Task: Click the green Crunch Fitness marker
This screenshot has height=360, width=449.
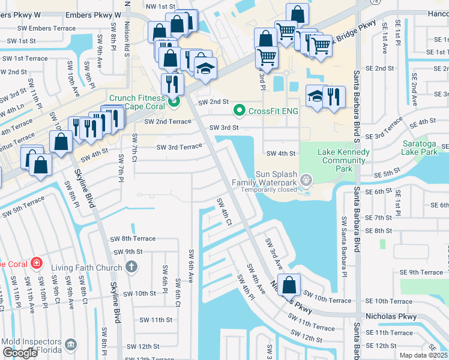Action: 174,101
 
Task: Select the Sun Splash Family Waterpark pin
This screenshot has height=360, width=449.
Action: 306,179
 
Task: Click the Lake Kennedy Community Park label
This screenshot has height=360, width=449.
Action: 344,160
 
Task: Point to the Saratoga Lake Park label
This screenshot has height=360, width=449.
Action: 424,149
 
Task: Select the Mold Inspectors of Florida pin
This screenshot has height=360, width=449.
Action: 72,344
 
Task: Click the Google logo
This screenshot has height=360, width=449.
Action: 20,353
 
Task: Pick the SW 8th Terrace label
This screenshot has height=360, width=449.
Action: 133,238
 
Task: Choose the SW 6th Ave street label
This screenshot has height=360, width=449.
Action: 191,266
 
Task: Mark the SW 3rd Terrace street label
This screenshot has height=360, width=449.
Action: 179,147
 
